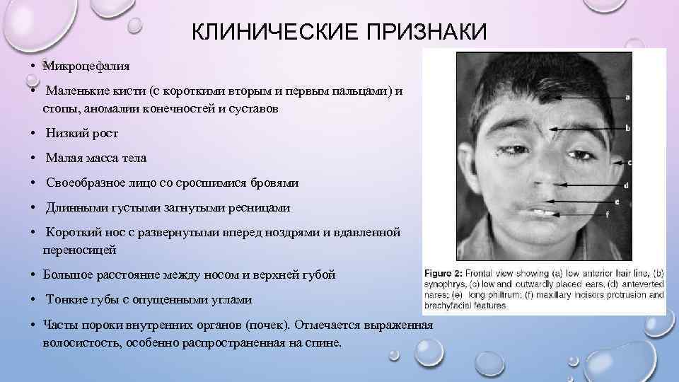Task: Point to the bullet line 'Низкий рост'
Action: coord(82,134)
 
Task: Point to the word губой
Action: coord(318,274)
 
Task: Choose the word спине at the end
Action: coord(323,342)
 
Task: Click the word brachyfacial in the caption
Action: coord(447,306)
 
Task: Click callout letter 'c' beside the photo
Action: coord(629,162)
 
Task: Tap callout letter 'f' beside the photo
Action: coord(608,213)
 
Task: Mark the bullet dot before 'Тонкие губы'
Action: coord(34,299)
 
